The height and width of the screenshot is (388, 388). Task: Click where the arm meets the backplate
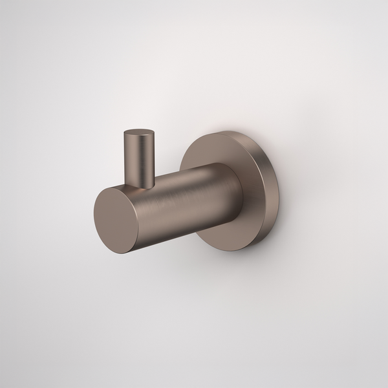tap(241, 194)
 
